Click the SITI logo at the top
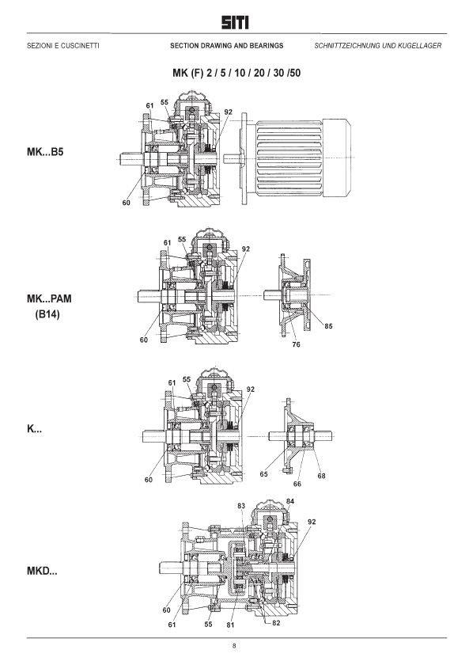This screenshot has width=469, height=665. [235, 22]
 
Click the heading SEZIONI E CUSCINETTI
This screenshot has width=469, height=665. [63, 46]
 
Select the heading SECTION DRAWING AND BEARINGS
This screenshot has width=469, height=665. [227, 46]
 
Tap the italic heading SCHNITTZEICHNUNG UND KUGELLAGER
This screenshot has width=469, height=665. [378, 46]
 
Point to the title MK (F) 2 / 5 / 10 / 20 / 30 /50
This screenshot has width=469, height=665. [236, 73]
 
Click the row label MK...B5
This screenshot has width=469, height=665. [45, 152]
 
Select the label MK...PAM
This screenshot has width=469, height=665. [49, 298]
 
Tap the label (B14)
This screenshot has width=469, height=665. [47, 315]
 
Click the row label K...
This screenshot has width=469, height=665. [34, 429]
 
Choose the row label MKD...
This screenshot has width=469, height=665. [42, 571]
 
